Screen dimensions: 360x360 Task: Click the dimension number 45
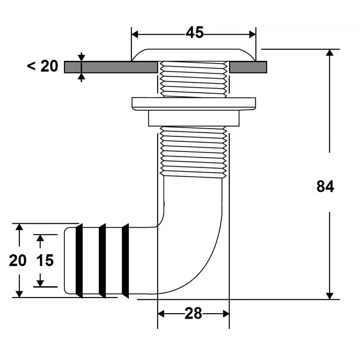coord(194,32)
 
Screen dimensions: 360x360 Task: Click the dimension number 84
coord(325,186)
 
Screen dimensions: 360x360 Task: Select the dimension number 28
coord(193,314)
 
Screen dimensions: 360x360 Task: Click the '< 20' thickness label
coord(43,66)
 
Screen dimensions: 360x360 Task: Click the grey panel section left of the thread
coord(111,67)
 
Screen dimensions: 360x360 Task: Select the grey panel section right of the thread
coord(249,67)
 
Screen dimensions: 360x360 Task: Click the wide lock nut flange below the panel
coord(193,103)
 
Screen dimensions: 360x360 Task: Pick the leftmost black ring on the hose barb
coord(79,261)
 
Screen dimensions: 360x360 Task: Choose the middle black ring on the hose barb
coord(103,261)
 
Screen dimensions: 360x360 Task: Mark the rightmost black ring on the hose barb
coord(126,261)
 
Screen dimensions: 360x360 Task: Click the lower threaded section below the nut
coord(193,151)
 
